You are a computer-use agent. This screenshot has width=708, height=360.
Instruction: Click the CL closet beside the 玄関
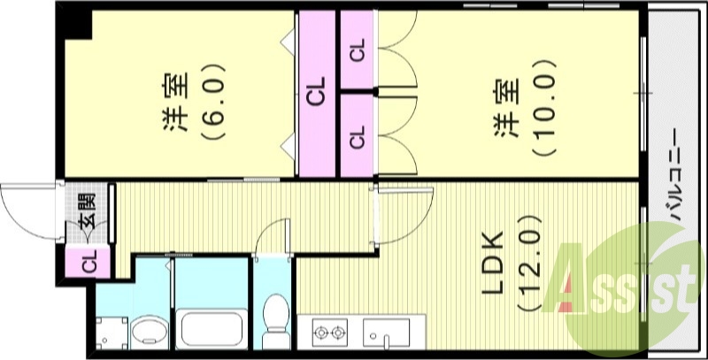pyautogui.click(x=89, y=263)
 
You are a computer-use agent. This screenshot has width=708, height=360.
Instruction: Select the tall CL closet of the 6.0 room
pyautogui.click(x=316, y=92)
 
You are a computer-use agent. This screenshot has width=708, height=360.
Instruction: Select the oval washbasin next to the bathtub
pyautogui.click(x=147, y=333)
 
